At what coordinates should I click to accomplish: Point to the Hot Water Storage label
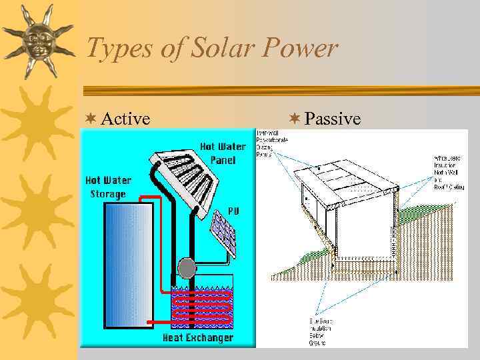coord(108,187)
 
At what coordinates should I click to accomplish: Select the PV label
coord(234,210)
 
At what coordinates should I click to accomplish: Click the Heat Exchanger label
coord(198,338)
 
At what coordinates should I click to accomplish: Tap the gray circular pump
coord(187,268)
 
